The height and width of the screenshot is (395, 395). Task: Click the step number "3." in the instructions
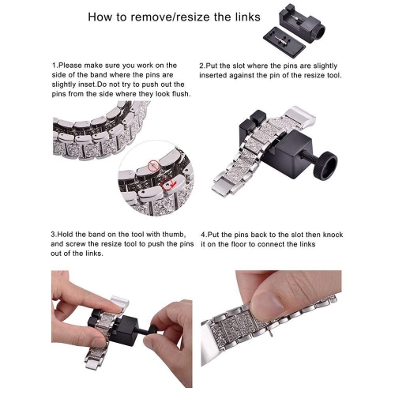coord(55,235)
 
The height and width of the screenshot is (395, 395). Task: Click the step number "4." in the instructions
coord(202,235)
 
